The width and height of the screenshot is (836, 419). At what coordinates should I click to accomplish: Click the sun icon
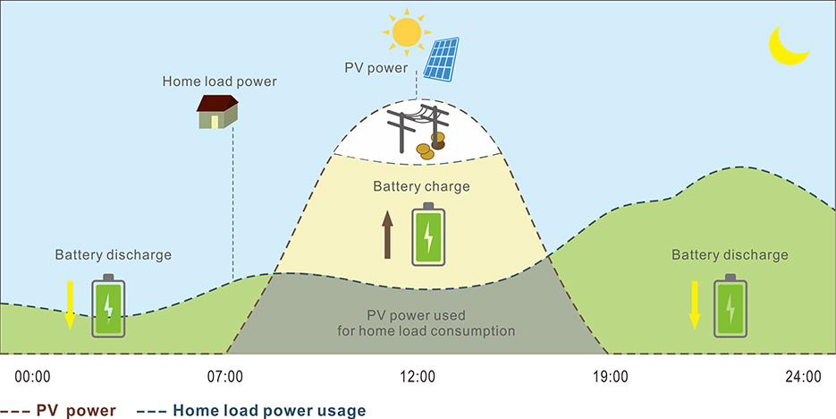[x=407, y=31]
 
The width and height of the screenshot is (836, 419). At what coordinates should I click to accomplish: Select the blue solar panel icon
[x=442, y=58]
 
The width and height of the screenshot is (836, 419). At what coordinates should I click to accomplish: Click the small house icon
[x=218, y=112]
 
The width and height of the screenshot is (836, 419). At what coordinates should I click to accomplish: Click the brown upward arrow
[x=388, y=235]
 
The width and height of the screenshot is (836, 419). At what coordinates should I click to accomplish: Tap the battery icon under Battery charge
[x=428, y=235]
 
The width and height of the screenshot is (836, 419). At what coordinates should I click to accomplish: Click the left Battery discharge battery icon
[x=108, y=305]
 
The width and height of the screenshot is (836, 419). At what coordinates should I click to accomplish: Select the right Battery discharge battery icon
[x=730, y=305]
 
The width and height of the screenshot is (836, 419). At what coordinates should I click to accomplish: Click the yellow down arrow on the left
[x=69, y=304]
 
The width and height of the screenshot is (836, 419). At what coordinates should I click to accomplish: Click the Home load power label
[x=219, y=81]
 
